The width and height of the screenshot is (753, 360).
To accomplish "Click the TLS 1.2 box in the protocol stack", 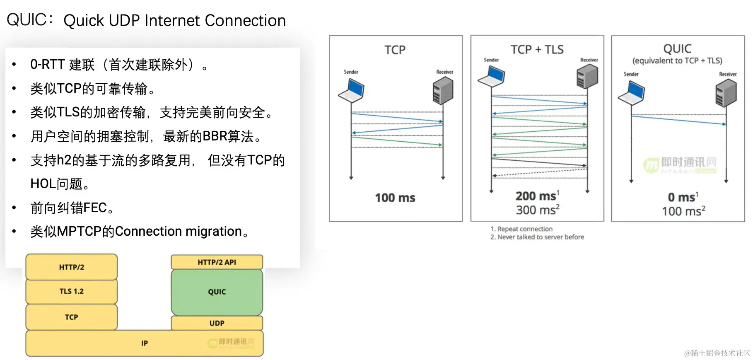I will pyautogui.click(x=71, y=292).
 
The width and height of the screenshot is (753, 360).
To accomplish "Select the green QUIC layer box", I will pyautogui.click(x=217, y=292).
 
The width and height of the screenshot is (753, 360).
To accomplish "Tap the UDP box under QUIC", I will pyautogui.click(x=217, y=323).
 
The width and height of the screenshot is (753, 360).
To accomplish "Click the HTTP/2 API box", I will pyautogui.click(x=217, y=262).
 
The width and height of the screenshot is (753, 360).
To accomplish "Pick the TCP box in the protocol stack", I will pyautogui.click(x=71, y=317).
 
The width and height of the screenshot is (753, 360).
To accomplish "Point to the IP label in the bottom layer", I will pyautogui.click(x=144, y=343).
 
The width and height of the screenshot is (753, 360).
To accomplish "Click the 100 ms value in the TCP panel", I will pyautogui.click(x=395, y=198).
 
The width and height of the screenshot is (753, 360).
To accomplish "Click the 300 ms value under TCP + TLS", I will pyautogui.click(x=537, y=210).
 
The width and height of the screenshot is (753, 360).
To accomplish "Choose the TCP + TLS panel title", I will pyautogui.click(x=537, y=50).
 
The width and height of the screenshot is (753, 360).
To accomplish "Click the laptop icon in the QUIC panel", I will pyautogui.click(x=632, y=93).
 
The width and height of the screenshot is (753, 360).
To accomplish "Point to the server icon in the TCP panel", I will pyautogui.click(x=443, y=91).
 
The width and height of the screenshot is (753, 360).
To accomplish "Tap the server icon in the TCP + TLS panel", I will pyautogui.click(x=587, y=77).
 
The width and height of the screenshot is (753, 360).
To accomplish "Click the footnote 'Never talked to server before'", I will pyautogui.click(x=540, y=237).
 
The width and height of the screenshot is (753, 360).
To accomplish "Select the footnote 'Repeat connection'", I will pyautogui.click(x=524, y=229).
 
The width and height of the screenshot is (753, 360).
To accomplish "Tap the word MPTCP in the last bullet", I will pyautogui.click(x=79, y=231).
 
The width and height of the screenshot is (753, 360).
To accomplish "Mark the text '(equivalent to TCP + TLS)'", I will pyautogui.click(x=677, y=61).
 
